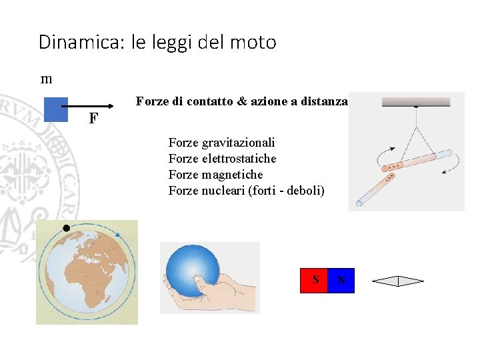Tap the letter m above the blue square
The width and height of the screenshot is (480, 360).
point(47,79)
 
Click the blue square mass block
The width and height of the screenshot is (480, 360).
point(55,110)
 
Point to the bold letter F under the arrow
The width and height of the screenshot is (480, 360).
point(93,119)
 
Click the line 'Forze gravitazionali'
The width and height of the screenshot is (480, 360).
point(221,143)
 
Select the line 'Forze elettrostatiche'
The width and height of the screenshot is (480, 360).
point(222,159)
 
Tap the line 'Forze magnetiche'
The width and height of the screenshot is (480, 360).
point(215,175)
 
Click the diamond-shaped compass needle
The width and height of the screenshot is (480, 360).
point(397,281)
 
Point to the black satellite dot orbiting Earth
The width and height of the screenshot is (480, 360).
point(65,228)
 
